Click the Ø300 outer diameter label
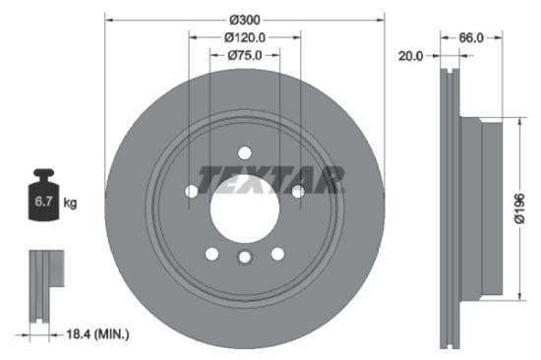245,20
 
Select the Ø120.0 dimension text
245,37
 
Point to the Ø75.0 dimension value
245,55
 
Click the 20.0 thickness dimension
410,56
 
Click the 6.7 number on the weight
43,204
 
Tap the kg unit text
70,204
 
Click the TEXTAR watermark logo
271,179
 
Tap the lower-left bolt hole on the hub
212,254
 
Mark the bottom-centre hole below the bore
244,258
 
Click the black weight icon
43,197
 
